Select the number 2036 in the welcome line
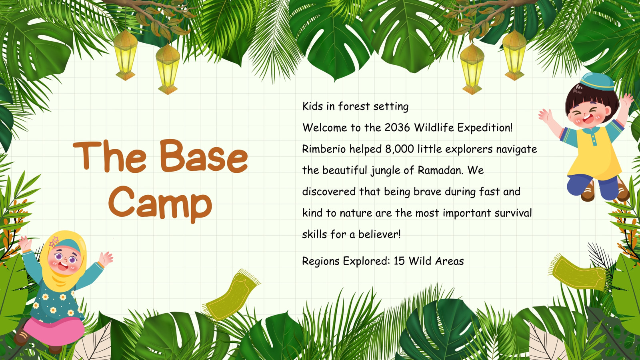pos(397,128)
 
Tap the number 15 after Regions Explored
pos(399,261)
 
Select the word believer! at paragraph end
pos(380,234)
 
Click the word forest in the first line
pos(354,106)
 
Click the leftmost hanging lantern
pos(126,54)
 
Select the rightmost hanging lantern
pos(514,54)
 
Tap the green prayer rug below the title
pos(232,295)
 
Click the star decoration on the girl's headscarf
pos(54,242)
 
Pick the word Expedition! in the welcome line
pos(485,128)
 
